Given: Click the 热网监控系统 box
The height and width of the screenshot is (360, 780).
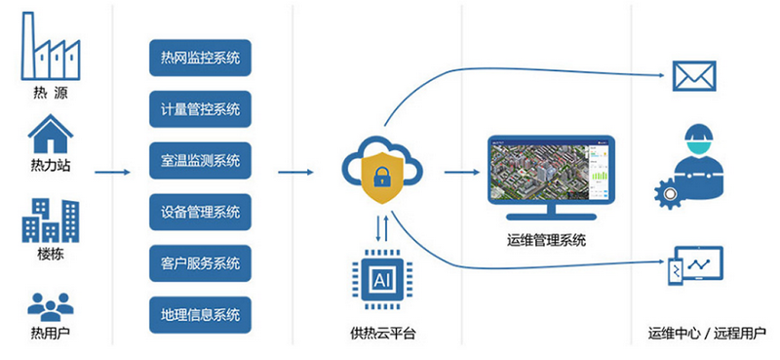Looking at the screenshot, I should click(x=201, y=57).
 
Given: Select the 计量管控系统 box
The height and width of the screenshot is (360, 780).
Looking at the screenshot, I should click(x=201, y=108).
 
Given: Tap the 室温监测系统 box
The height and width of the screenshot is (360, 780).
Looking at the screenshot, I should click(x=201, y=160).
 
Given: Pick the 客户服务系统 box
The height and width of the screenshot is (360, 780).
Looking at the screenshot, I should click(x=201, y=263).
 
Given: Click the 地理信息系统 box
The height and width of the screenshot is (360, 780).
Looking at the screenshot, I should click(x=201, y=315).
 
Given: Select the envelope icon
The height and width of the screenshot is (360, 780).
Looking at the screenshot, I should click(x=692, y=75).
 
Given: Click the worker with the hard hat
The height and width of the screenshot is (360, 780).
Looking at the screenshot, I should click(x=694, y=161).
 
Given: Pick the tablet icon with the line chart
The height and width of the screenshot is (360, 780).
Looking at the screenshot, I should click(x=694, y=265).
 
